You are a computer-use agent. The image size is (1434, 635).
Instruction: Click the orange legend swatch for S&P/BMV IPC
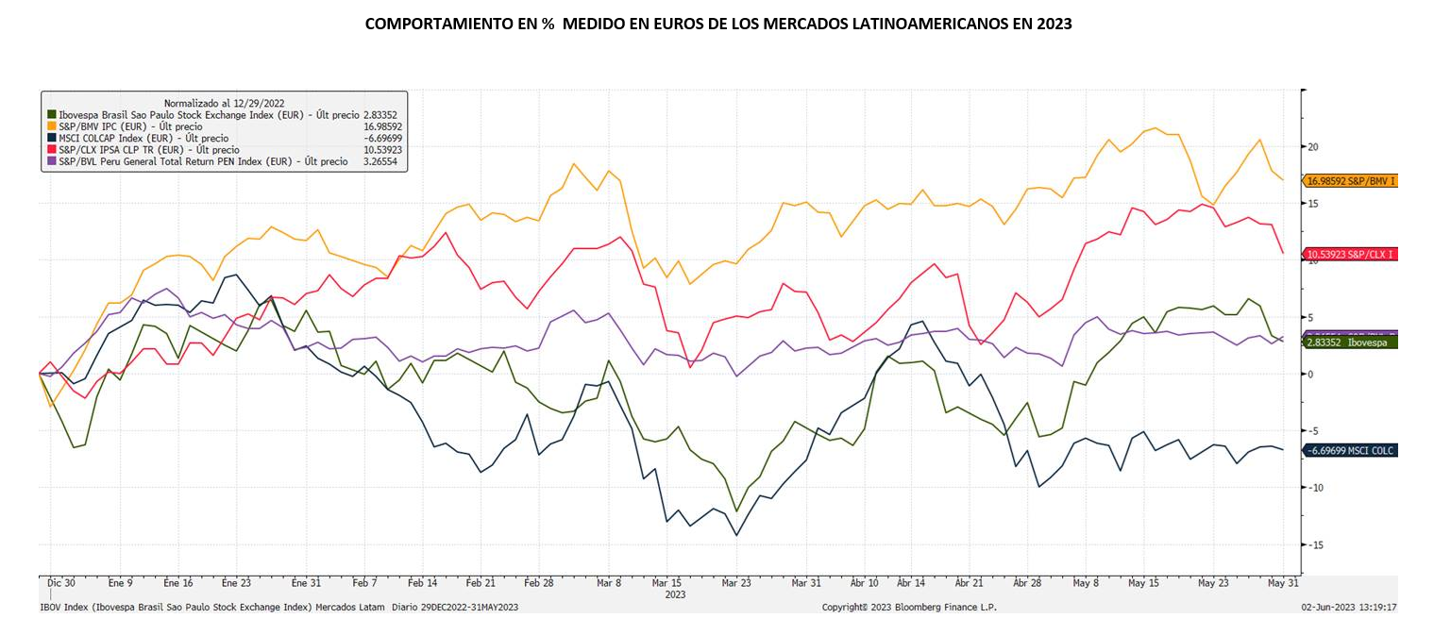pos(51,126)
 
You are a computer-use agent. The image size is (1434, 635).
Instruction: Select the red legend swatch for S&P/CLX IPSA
pos(51,150)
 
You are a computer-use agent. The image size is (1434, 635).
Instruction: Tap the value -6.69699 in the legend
pos(383,138)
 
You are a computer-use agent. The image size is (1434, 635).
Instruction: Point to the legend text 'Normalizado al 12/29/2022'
pos(225,103)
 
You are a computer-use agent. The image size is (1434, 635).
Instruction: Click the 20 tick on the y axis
pos(1312,147)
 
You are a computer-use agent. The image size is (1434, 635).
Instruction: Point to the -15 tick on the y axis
pos(1314,545)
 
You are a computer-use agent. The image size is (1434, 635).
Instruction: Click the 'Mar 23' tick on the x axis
pos(736,584)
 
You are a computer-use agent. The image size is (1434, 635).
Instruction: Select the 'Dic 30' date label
pos(61,584)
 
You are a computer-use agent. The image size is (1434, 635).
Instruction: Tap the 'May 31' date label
pos(1281,584)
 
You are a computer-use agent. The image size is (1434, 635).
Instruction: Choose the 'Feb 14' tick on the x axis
pos(422,584)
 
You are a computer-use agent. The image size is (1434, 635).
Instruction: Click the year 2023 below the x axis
pos(676,595)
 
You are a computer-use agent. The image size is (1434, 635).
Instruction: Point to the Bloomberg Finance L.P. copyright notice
pos(909,608)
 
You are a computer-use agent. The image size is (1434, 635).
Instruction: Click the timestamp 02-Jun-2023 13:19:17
pos(1349,608)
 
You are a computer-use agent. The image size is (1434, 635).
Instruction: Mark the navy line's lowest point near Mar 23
pos(736,535)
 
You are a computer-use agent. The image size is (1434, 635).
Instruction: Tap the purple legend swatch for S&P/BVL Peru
pos(51,161)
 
